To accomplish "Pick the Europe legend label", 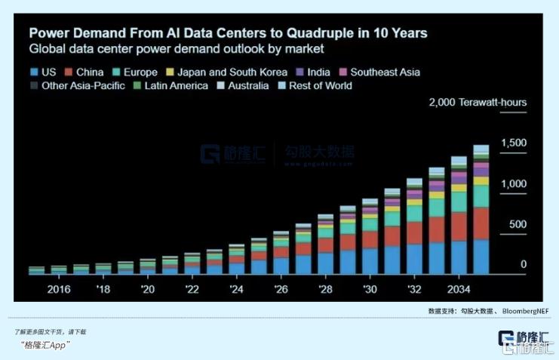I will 140,72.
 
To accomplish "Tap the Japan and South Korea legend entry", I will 234,72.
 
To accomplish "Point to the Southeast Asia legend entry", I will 385,72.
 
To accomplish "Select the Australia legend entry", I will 244,86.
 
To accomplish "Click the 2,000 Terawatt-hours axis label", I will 478,103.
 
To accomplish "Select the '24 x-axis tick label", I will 236,290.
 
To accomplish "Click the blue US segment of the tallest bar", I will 481,257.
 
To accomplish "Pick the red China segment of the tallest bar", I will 481,223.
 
